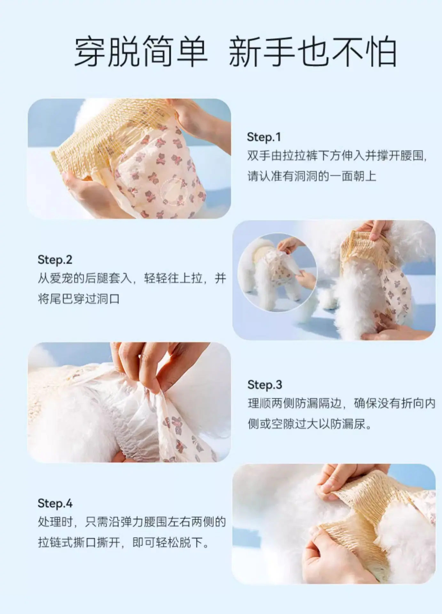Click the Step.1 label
[x=264, y=137]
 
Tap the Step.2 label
[x=55, y=260]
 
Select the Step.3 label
[x=265, y=385]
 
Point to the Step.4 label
[x=55, y=503]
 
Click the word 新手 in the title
[x=262, y=52]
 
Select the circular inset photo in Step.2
[x=277, y=272]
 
